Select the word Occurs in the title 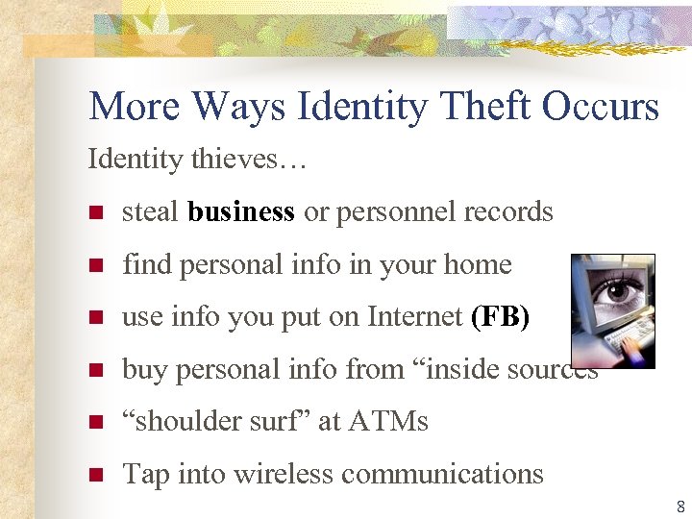click(601, 106)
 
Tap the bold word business click(241, 211)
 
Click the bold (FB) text click(500, 317)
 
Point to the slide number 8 click(680, 507)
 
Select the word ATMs click(388, 422)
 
